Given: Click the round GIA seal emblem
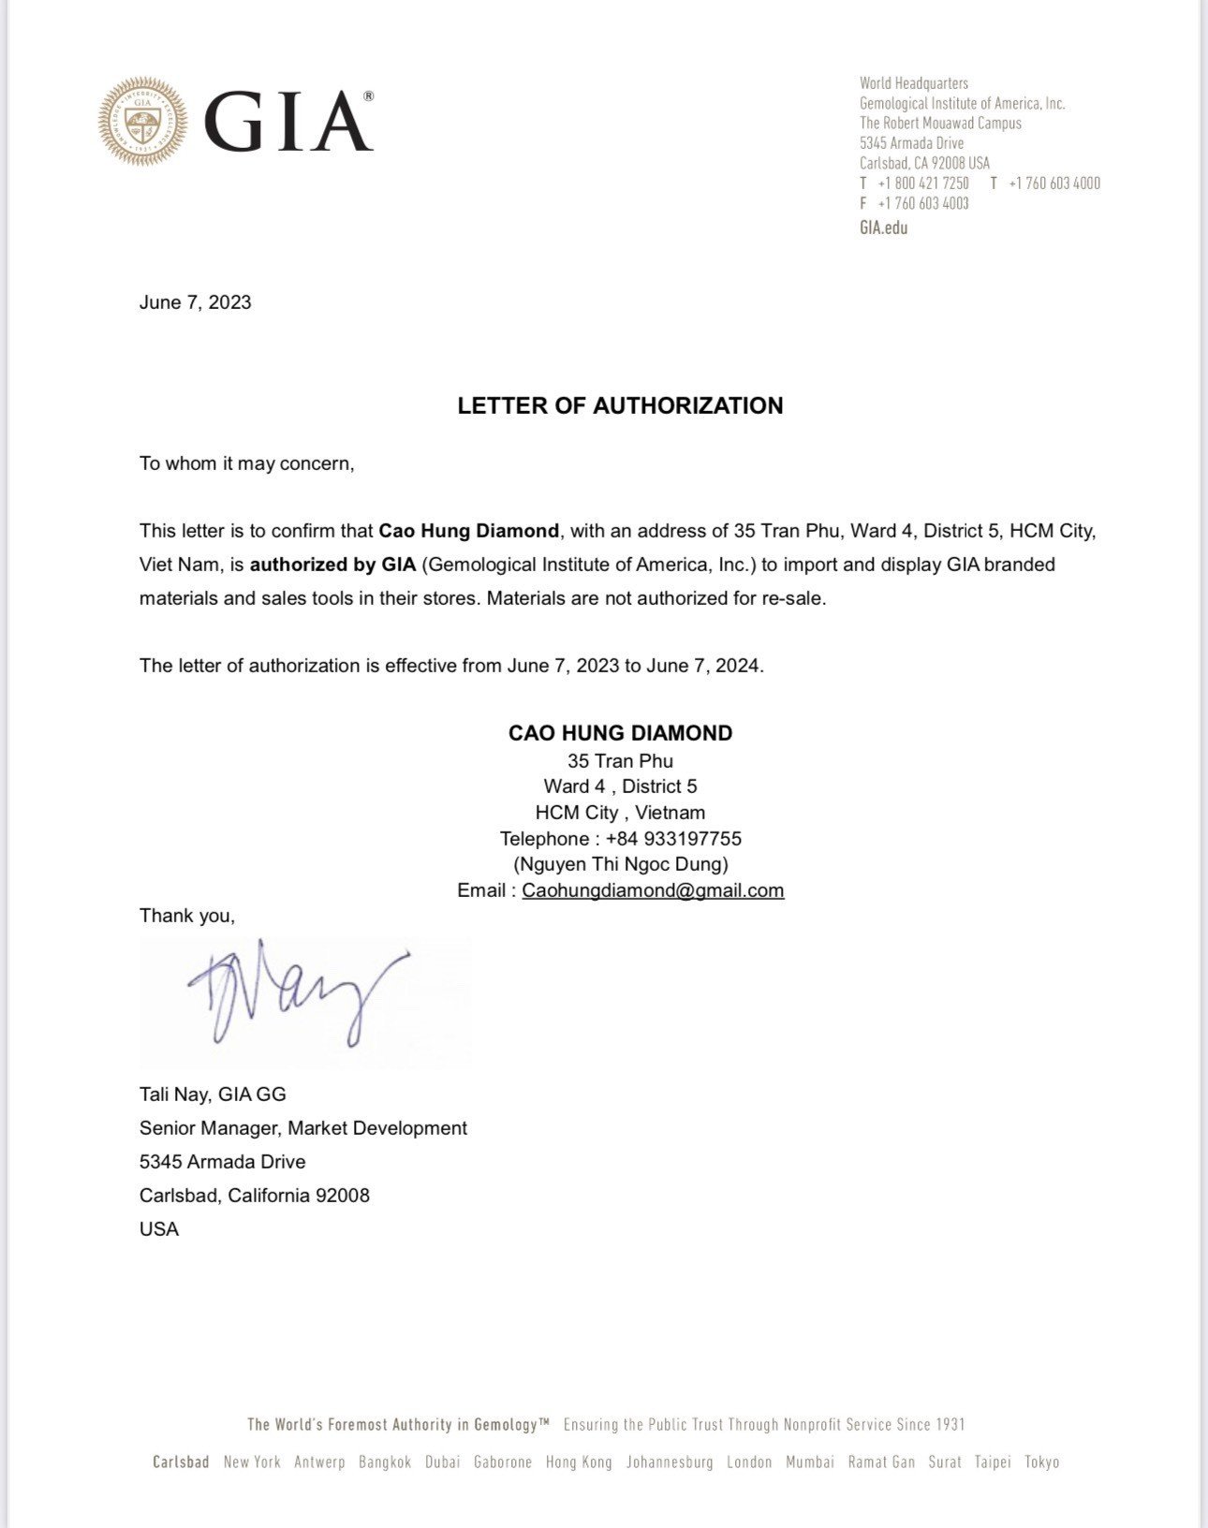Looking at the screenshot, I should [142, 122].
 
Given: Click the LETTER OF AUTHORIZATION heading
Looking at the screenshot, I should [620, 405].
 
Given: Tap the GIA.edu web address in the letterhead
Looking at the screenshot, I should [883, 228].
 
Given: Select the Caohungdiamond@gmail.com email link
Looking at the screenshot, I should [653, 890].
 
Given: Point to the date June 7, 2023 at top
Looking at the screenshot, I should [195, 302].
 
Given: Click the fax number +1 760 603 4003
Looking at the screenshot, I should [922, 203].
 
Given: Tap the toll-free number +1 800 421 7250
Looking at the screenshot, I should [922, 184].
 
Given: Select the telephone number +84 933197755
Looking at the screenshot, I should [673, 839].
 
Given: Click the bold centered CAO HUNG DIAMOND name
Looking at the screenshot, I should [620, 733].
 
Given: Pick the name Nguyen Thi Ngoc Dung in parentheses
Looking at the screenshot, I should [620, 864].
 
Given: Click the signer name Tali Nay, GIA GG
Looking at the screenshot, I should [213, 1095].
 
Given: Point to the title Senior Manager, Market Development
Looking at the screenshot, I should [302, 1128].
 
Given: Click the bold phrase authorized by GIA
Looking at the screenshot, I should [332, 565].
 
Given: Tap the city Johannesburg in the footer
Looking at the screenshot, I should [670, 1462].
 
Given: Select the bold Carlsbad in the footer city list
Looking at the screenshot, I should [181, 1462].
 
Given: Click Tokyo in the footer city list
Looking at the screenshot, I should [1041, 1462].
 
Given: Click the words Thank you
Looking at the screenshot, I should [186, 916].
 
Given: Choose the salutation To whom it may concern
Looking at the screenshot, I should [246, 463].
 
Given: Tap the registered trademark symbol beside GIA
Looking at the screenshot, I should [368, 96].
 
